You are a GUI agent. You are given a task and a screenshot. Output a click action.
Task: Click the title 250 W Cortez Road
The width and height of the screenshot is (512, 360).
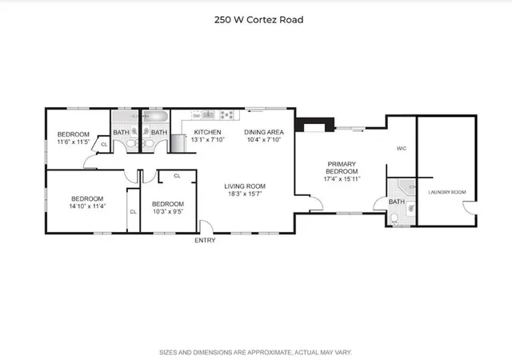click(x=256, y=19)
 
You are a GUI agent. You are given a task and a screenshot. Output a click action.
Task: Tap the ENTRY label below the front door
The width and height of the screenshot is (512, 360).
click(x=205, y=240)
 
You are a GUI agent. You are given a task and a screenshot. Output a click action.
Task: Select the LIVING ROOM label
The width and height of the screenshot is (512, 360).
click(x=244, y=186)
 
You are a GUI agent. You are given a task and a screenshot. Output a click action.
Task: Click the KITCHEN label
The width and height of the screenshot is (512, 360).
click(x=207, y=132)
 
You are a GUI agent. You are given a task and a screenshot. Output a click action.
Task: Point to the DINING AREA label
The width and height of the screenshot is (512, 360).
click(x=264, y=132)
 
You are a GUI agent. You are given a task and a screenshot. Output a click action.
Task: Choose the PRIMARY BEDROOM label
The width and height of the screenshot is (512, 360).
click(x=342, y=167)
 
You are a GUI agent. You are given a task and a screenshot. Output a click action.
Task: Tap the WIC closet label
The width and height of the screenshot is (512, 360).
click(x=402, y=149)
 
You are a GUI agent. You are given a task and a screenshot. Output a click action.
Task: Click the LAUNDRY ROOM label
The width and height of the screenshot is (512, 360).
click(x=446, y=192)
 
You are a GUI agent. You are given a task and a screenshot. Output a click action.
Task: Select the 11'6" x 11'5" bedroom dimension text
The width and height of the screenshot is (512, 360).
click(x=72, y=142)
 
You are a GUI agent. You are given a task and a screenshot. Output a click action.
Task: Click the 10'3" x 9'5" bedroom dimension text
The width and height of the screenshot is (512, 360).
click(x=168, y=211)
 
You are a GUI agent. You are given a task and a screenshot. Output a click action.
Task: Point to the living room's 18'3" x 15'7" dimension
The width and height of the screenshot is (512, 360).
click(x=244, y=194)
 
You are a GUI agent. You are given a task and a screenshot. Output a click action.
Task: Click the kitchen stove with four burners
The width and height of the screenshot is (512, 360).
click(x=226, y=114)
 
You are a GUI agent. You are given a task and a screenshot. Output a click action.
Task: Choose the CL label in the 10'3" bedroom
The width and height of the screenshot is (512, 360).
click(x=177, y=175)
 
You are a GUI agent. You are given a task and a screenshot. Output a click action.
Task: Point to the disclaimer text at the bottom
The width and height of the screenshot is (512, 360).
click(x=256, y=352)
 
